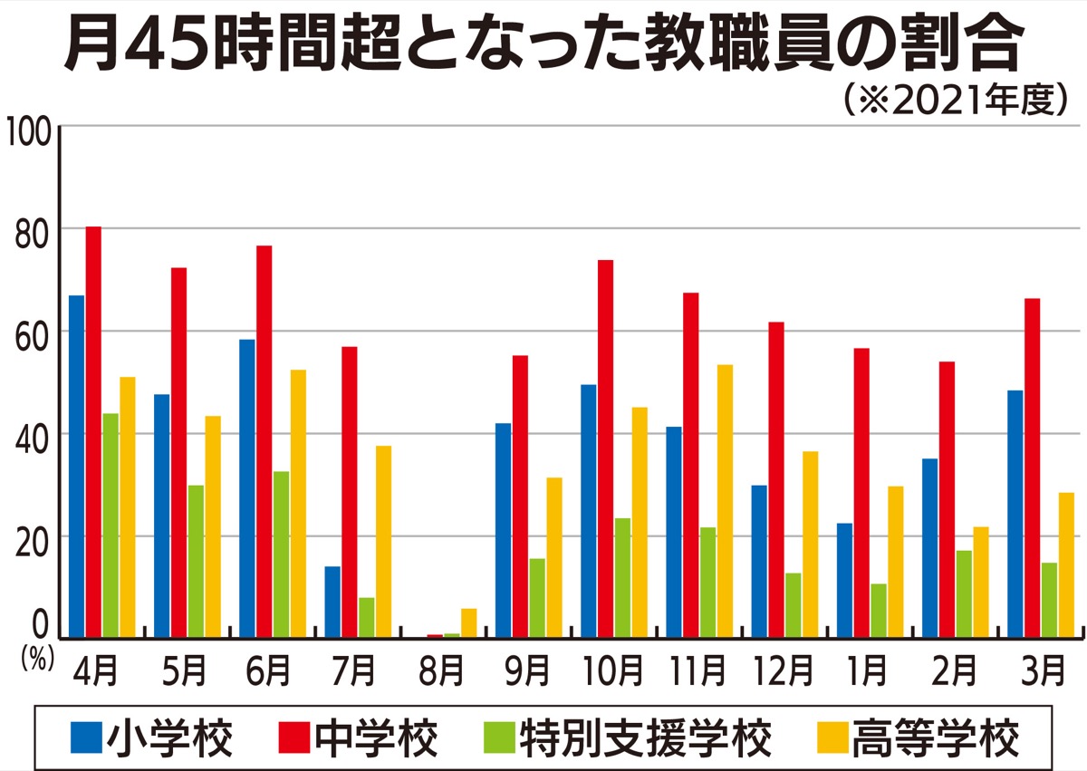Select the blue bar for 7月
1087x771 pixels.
332,602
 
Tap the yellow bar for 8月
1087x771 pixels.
468,623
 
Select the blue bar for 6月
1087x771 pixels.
247,488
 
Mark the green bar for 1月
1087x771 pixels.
878,611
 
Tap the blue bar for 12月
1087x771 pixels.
759,561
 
